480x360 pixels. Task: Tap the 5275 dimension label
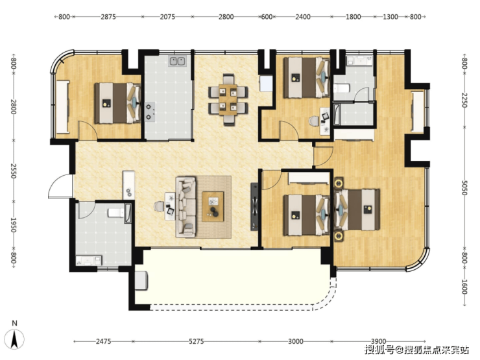coord(197,341)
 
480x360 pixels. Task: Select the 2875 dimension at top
coord(108,17)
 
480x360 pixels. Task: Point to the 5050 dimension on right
coord(464,187)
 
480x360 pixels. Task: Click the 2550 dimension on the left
coord(14,171)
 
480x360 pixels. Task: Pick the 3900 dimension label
coord(378,341)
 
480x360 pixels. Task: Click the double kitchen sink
coord(177,61)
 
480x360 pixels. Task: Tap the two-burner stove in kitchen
coord(149,112)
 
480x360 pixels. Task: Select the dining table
coord(228,99)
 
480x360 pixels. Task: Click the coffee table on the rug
coord(213,206)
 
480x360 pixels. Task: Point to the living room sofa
coord(186,207)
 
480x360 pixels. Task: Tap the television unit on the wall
coord(255,207)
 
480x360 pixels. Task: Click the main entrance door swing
coord(60,186)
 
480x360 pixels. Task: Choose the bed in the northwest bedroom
coord(117,103)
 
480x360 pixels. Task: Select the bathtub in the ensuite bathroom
coord(337,115)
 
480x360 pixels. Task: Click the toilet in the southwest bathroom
coord(115,213)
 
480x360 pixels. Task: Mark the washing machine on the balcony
coord(142,280)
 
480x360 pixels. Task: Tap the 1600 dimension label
coord(464,287)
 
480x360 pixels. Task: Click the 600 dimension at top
coord(267,17)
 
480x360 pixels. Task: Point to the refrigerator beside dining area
coord(266,83)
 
